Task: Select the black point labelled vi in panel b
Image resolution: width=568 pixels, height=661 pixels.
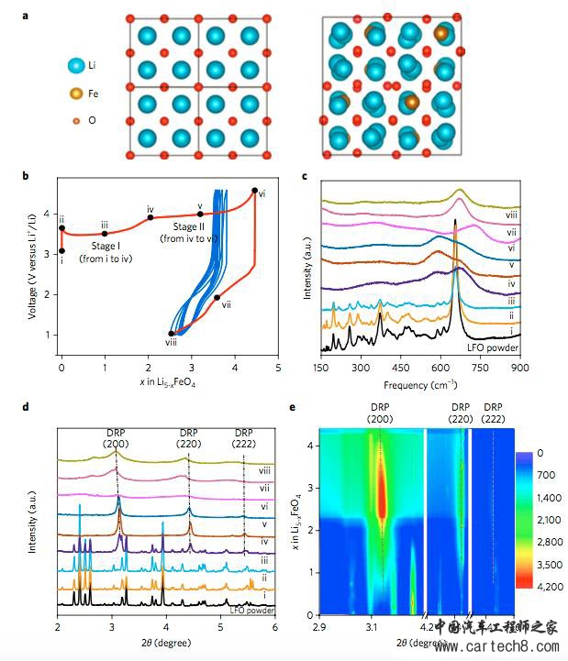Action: [255, 191]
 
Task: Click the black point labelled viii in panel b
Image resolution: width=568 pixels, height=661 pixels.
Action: [172, 334]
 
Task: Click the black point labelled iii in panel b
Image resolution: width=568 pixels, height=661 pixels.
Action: [105, 234]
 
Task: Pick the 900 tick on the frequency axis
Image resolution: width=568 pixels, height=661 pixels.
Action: [518, 367]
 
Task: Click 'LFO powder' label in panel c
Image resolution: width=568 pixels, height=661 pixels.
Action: [492, 347]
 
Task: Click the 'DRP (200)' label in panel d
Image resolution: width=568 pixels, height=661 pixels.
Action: [115, 438]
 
